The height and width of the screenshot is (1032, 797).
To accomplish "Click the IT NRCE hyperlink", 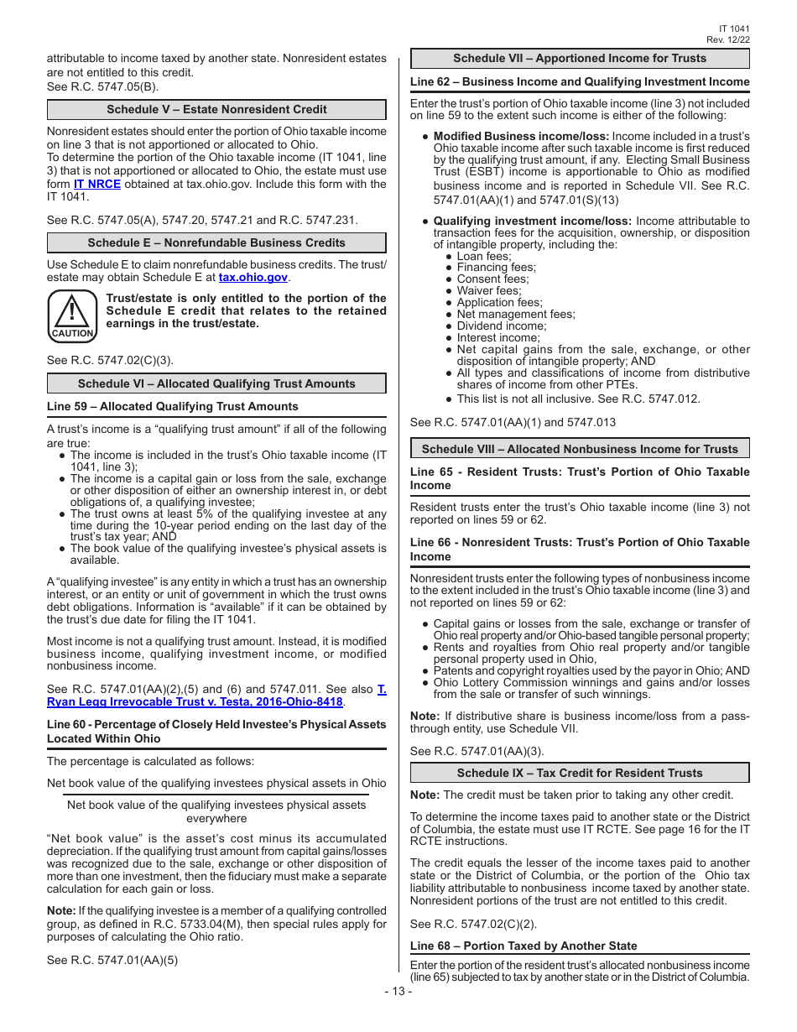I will point(96,184).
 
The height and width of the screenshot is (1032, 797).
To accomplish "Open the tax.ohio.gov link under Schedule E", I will point(253,277).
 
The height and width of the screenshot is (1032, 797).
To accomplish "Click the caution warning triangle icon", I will point(72,315).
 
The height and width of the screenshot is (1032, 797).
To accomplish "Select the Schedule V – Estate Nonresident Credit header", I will point(216,110).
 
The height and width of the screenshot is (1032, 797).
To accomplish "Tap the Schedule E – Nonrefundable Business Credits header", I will point(216,243).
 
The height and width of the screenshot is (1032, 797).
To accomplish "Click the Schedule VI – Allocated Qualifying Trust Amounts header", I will point(216,384).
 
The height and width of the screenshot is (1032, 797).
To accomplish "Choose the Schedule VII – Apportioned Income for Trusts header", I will point(579,59).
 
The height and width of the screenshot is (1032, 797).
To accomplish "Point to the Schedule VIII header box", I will point(579,449).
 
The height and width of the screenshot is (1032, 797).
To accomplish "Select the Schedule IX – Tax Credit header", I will point(579,773).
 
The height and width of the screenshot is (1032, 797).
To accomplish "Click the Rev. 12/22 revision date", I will point(727,39).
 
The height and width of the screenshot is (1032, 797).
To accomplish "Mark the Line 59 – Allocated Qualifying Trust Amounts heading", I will point(172,406).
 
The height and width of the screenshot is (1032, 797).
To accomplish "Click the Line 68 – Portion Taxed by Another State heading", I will point(523,946).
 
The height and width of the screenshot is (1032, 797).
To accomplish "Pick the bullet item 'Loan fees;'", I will point(483,256).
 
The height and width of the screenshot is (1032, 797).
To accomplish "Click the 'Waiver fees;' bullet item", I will point(488,290).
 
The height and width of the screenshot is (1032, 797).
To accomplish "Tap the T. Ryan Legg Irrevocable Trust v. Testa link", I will point(195,701).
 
